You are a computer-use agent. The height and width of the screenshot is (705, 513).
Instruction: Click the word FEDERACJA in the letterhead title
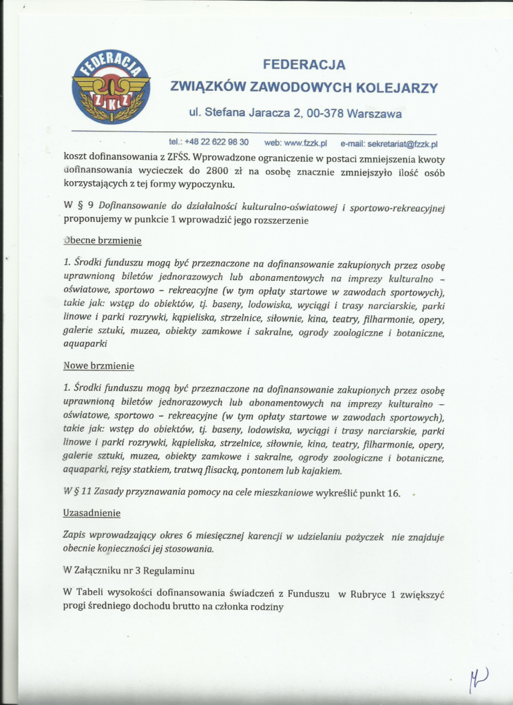[304, 65]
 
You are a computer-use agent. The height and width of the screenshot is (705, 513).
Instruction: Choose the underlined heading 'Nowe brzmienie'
[98, 366]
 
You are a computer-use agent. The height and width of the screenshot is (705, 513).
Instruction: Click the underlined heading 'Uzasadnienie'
[92, 513]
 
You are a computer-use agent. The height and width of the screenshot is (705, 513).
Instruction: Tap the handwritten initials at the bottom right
[479, 682]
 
